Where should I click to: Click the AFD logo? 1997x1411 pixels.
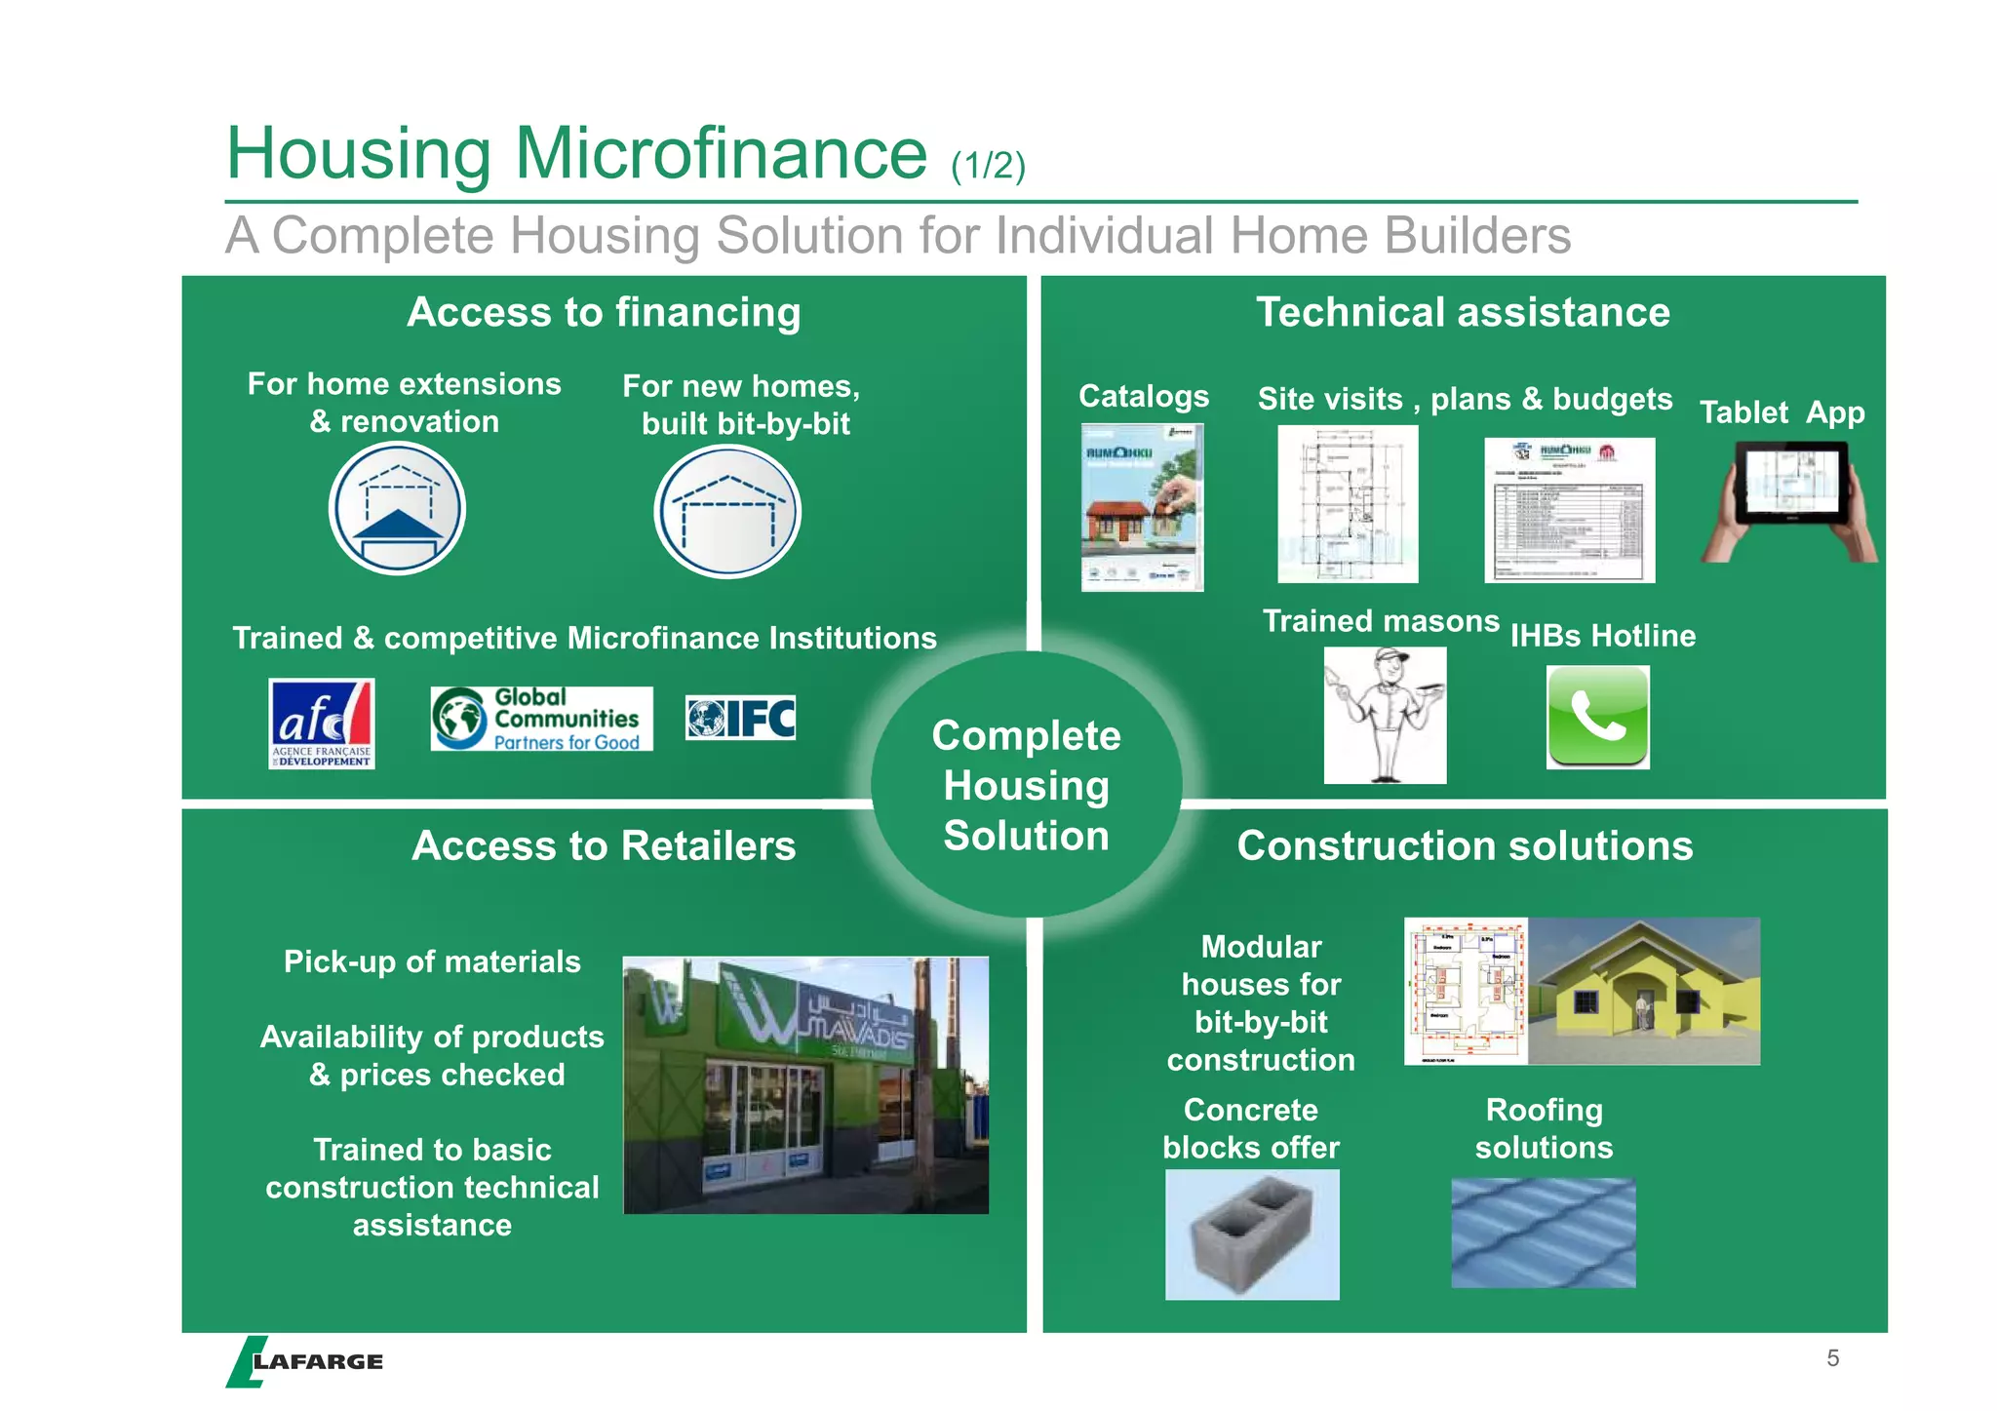click(x=321, y=724)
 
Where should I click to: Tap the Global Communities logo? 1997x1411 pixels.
click(x=541, y=719)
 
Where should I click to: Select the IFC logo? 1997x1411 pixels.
click(x=740, y=719)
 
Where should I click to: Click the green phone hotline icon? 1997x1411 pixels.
click(x=1597, y=718)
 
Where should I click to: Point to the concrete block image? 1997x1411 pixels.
click(x=1252, y=1235)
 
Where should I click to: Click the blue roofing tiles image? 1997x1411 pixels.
click(x=1543, y=1233)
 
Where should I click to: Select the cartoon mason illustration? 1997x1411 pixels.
click(x=1385, y=715)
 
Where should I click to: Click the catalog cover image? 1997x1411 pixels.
click(x=1142, y=507)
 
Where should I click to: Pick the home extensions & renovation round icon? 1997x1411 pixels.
click(x=397, y=509)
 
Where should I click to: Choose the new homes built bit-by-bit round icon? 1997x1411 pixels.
click(x=726, y=512)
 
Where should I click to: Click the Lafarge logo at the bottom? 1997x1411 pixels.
click(x=305, y=1361)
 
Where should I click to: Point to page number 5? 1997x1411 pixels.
click(x=1832, y=1358)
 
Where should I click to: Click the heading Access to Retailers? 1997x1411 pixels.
click(x=604, y=845)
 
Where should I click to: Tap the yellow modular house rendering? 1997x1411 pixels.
click(x=1643, y=992)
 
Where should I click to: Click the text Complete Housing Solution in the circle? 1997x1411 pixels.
click(x=1026, y=785)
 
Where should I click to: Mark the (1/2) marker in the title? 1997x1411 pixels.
click(x=988, y=166)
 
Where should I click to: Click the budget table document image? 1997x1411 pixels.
click(x=1569, y=510)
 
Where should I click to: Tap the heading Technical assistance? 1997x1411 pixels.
click(x=1463, y=312)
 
